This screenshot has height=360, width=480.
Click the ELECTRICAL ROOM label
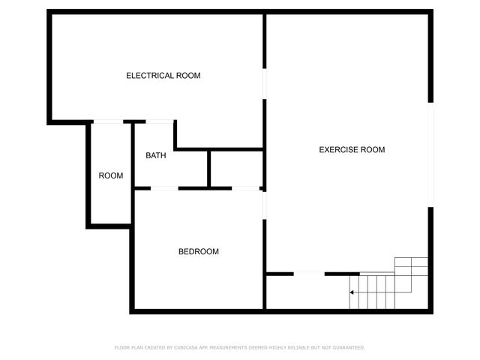(163, 76)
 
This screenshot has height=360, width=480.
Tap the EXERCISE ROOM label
(352, 149)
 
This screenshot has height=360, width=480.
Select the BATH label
(156, 156)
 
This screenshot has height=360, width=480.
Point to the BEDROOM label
(199, 252)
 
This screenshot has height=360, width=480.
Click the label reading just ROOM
(111, 175)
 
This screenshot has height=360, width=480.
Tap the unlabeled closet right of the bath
(235, 169)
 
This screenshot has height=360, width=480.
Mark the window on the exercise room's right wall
(430, 153)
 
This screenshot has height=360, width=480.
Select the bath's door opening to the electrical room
(159, 121)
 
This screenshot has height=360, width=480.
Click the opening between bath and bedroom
(165, 187)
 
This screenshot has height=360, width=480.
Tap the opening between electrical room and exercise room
(264, 85)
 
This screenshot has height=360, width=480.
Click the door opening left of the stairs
(308, 274)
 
